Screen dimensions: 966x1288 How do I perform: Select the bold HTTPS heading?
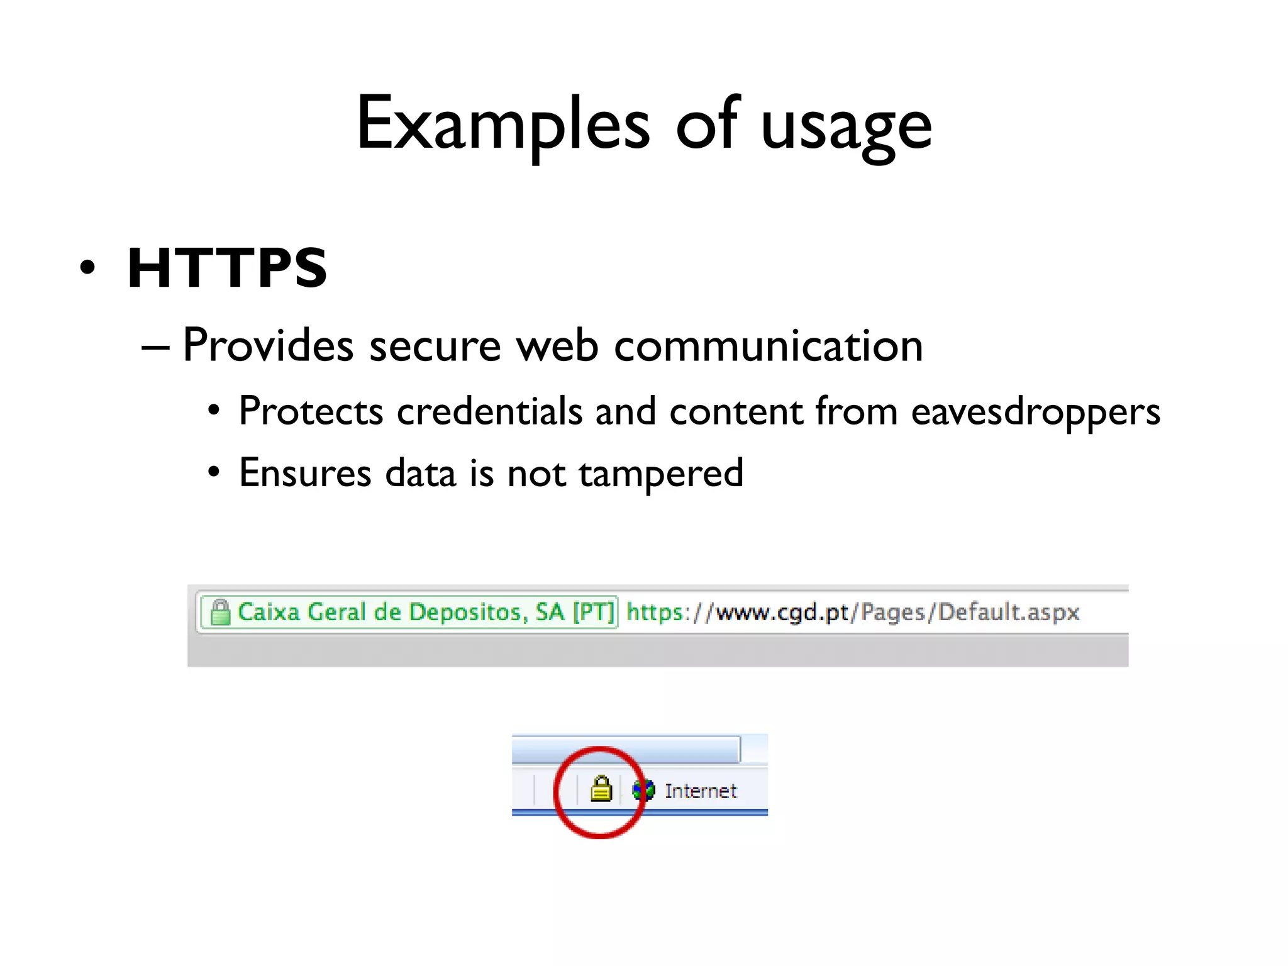[227, 268]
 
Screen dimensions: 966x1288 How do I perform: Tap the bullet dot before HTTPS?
[88, 267]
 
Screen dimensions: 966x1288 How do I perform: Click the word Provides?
[268, 345]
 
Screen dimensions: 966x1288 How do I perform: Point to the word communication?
[768, 346]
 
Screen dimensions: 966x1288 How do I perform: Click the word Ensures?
[305, 473]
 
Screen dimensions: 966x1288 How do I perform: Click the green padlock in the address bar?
[220, 612]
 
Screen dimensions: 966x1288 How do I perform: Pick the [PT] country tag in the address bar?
[593, 612]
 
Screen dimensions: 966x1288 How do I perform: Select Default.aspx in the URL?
[1008, 612]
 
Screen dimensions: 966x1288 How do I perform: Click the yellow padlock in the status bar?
[601, 789]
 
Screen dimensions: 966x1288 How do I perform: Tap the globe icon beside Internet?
[643, 790]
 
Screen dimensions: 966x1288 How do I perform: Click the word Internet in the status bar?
[700, 791]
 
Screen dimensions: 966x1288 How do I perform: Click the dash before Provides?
[155, 347]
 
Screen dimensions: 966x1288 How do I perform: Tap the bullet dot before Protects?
[214, 411]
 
